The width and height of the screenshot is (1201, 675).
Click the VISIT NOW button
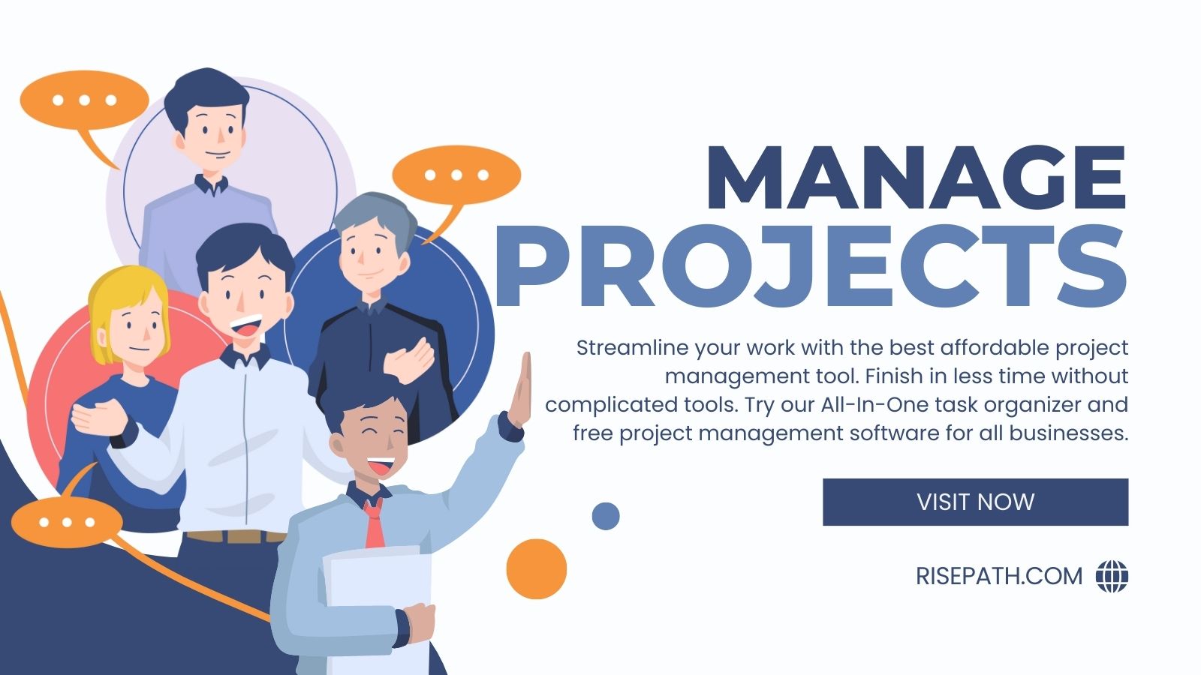(975, 502)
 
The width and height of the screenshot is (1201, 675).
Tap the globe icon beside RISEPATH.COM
(1112, 576)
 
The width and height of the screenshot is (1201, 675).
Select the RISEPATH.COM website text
(999, 576)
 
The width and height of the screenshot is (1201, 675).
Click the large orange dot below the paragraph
(536, 568)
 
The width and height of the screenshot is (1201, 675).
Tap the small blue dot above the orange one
(605, 516)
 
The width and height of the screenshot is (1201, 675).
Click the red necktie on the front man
(373, 524)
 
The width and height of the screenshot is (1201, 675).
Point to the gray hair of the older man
(375, 214)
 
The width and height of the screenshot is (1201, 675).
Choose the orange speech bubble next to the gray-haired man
(456, 176)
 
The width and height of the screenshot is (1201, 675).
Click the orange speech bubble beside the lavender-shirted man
(83, 100)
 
